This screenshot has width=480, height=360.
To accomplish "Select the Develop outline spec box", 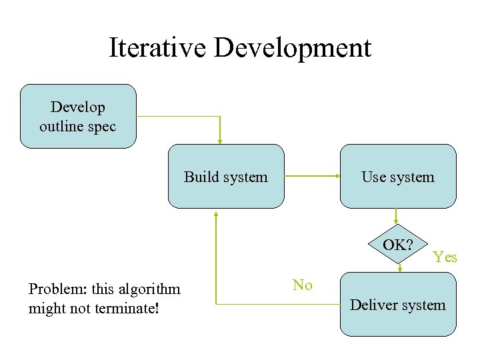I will pyautogui.click(x=78, y=116).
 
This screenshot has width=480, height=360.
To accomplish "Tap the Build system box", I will pyautogui.click(x=225, y=177).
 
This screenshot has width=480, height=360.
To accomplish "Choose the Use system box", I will pyautogui.click(x=398, y=177).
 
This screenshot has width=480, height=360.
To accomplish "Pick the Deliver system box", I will pyautogui.click(x=398, y=305).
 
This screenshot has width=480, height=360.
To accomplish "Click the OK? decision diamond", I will pyautogui.click(x=398, y=245).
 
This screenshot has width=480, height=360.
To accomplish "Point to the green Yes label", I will pyautogui.click(x=445, y=257).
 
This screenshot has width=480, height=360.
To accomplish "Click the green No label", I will pyautogui.click(x=302, y=285).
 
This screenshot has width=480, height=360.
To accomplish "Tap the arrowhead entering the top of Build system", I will pyautogui.click(x=219, y=141).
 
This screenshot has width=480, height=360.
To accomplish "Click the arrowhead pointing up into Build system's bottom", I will pyautogui.click(x=216, y=213).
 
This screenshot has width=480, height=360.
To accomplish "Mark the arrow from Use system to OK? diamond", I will pyautogui.click(x=397, y=216).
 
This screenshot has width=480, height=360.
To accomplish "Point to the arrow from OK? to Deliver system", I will pyautogui.click(x=400, y=267).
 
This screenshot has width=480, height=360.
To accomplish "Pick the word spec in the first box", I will pyautogui.click(x=102, y=126).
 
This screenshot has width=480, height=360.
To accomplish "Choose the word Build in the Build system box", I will pyautogui.click(x=199, y=177).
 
